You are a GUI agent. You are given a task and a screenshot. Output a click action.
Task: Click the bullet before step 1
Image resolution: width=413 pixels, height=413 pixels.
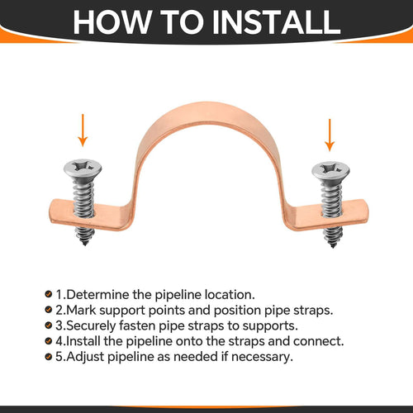(x=49, y=294)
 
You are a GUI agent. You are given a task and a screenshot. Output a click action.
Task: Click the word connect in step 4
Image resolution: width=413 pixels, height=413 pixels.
(x=316, y=341)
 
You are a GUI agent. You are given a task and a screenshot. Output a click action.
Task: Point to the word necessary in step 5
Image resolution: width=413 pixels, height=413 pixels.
(x=261, y=357)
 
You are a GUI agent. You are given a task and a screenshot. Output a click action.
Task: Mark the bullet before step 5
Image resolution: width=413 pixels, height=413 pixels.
(x=49, y=357)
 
